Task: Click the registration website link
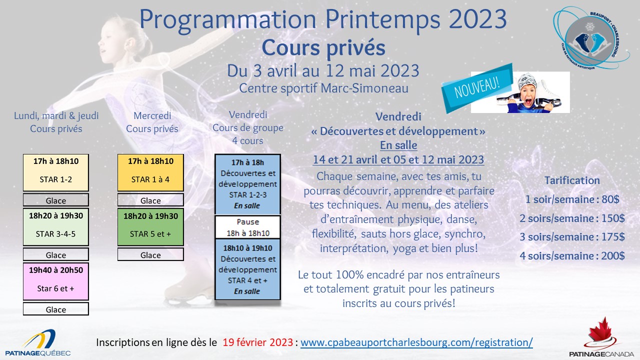(416, 342)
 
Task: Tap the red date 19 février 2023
(257, 342)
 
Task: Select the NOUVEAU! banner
(477, 87)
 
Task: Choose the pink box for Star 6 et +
(56, 281)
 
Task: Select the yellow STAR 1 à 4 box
(150, 172)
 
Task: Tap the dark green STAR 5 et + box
(150, 227)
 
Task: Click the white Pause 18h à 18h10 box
(247, 227)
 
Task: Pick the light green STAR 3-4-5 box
(56, 227)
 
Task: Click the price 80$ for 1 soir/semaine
(610, 199)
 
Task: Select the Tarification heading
(572, 180)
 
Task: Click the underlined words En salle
(398, 145)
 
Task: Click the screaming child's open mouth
(528, 101)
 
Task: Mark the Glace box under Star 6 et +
(56, 309)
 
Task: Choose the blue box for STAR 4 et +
(247, 269)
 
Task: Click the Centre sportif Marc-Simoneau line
(323, 88)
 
